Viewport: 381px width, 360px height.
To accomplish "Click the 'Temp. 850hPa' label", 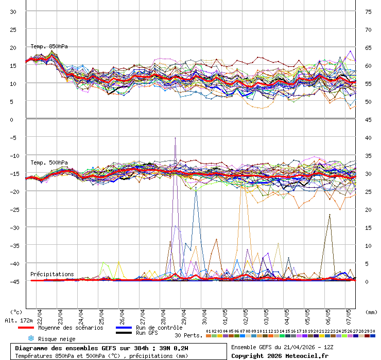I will pos(49,46).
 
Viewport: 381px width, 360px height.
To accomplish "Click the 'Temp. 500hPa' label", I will pos(49,163).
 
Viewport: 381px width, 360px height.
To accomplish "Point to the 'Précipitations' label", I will pos(52,274).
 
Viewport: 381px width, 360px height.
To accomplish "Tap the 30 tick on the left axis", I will pos(13,11).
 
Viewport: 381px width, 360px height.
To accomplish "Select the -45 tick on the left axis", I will pos(11,281).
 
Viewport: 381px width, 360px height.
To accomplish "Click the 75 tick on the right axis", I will pos(369,11).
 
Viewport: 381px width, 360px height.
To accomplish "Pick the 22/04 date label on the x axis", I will pos(40,314).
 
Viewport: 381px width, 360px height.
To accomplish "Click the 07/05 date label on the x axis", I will pos(349,314).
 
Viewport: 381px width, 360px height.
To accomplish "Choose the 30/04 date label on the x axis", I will pos(204,314).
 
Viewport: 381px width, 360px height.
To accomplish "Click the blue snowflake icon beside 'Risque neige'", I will pos(30,338).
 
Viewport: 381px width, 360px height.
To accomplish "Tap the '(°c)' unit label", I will pos(16,312).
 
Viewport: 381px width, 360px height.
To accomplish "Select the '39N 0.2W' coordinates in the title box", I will pos(171,348).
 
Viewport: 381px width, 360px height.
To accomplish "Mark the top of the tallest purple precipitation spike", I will pos(175,138).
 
